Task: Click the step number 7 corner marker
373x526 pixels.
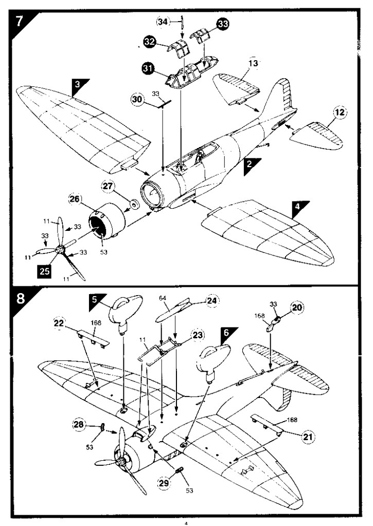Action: [x=19, y=21]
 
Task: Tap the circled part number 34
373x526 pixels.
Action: [x=163, y=22]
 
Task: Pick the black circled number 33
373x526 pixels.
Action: [x=223, y=24]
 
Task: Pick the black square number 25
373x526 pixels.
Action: [x=44, y=270]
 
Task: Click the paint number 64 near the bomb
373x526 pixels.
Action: [x=162, y=298]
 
